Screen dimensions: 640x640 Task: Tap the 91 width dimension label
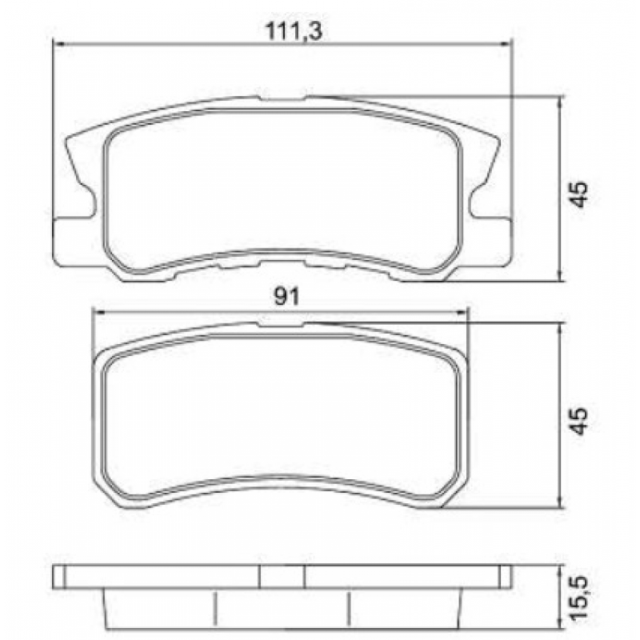pyautogui.click(x=286, y=298)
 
